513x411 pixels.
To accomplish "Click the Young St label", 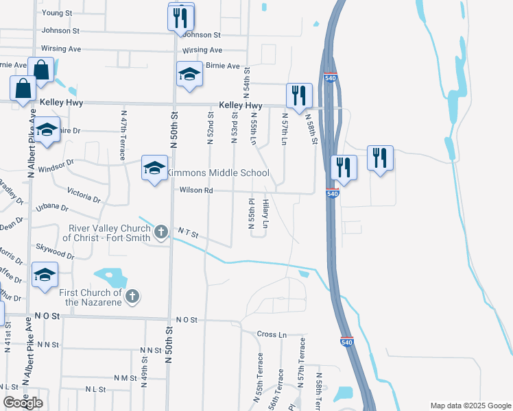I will click(57, 13).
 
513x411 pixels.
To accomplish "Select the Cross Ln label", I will click(272, 334).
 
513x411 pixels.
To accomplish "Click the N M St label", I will click(126, 377).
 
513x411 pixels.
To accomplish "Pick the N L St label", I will click(95, 389).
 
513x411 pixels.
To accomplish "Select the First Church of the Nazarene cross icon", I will click(132, 296).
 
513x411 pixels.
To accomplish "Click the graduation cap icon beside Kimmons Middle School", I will click(154, 168).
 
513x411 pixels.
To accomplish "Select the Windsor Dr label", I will click(56, 166).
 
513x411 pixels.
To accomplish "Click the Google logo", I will click(23, 402).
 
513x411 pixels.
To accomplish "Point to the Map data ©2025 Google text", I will click(470, 405).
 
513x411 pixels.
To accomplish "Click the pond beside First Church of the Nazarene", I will click(112, 277).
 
